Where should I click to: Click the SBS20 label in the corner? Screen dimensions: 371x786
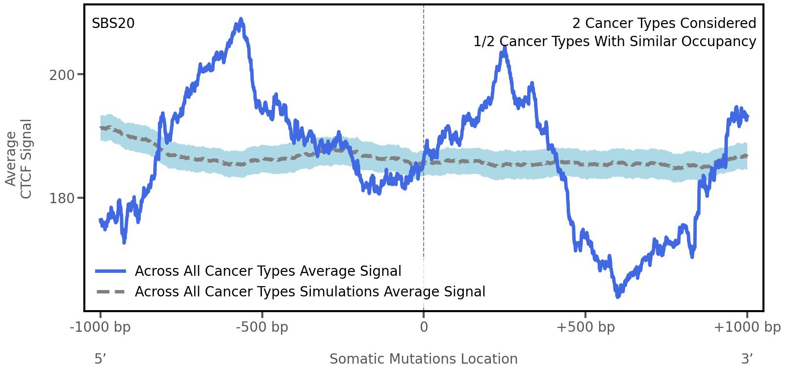pyautogui.click(x=113, y=24)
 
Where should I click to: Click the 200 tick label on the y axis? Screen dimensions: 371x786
pyautogui.click(x=62, y=75)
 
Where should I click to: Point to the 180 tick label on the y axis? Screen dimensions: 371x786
pyautogui.click(x=62, y=199)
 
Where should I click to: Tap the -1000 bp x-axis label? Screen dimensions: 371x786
pyautogui.click(x=101, y=327)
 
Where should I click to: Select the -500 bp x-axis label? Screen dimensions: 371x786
pyautogui.click(x=262, y=327)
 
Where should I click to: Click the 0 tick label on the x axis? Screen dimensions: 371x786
pyautogui.click(x=424, y=327)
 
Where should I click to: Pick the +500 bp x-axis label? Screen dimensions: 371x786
pyautogui.click(x=585, y=327)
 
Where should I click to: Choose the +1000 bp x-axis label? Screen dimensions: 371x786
pyautogui.click(x=747, y=327)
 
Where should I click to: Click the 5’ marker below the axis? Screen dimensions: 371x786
pyautogui.click(x=100, y=359)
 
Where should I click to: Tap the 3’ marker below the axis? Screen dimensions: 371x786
pyautogui.click(x=747, y=359)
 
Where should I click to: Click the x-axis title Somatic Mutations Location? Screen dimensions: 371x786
pyautogui.click(x=423, y=359)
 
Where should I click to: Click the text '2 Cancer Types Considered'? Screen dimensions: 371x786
pyautogui.click(x=664, y=24)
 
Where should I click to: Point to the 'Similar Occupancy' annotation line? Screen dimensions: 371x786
pyautogui.click(x=614, y=42)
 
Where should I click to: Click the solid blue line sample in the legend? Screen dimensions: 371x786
pyautogui.click(x=111, y=271)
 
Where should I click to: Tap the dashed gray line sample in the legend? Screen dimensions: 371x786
pyautogui.click(x=111, y=292)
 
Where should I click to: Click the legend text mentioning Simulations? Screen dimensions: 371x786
pyautogui.click(x=310, y=292)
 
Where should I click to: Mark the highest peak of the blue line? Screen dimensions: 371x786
pyautogui.click(x=240, y=20)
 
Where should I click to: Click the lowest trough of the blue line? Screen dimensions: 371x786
pyautogui.click(x=618, y=296)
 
